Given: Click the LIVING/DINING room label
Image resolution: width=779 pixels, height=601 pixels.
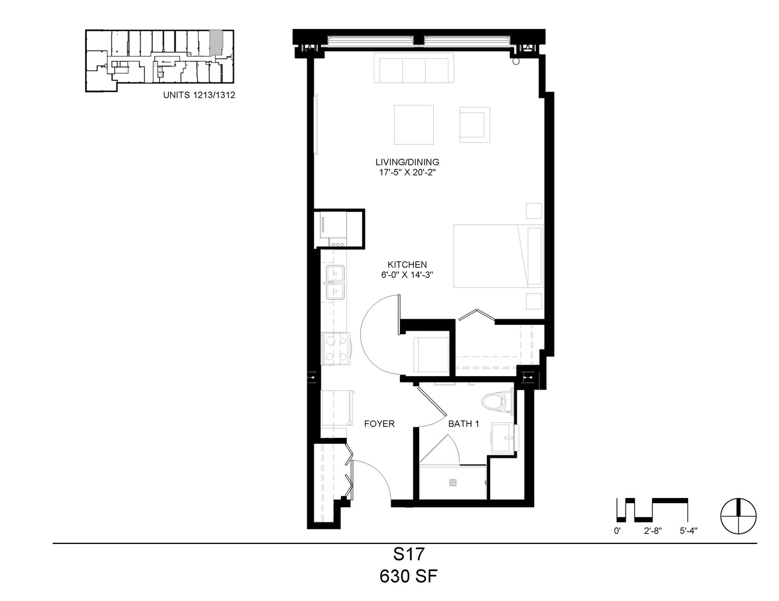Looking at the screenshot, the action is (407, 162).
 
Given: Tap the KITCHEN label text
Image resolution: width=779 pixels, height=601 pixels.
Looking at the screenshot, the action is (407, 264).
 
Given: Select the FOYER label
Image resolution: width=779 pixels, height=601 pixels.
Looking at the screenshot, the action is (379, 424).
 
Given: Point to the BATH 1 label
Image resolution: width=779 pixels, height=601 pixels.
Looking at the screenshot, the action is (463, 424).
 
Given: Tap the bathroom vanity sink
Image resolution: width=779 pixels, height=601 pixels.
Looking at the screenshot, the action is (503, 437).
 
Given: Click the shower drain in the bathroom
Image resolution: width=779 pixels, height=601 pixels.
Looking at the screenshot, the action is (453, 482).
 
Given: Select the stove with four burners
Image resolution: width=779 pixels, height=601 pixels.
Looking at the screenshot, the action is (335, 348).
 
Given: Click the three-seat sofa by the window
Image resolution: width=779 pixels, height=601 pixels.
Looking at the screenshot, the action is (413, 68).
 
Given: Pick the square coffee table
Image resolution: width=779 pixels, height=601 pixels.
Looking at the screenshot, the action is (413, 125).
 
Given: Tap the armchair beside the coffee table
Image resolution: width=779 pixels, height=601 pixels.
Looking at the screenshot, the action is (474, 125).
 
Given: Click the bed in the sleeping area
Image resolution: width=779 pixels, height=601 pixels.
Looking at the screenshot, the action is (499, 256).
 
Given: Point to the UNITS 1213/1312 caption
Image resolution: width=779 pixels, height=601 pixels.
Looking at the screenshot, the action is (199, 95).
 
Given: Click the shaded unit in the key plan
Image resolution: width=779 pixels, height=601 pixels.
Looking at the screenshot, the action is (216, 43).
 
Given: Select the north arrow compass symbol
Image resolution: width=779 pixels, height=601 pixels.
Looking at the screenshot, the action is (739, 516).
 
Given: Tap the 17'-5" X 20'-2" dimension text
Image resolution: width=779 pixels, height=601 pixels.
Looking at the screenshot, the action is (407, 172).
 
